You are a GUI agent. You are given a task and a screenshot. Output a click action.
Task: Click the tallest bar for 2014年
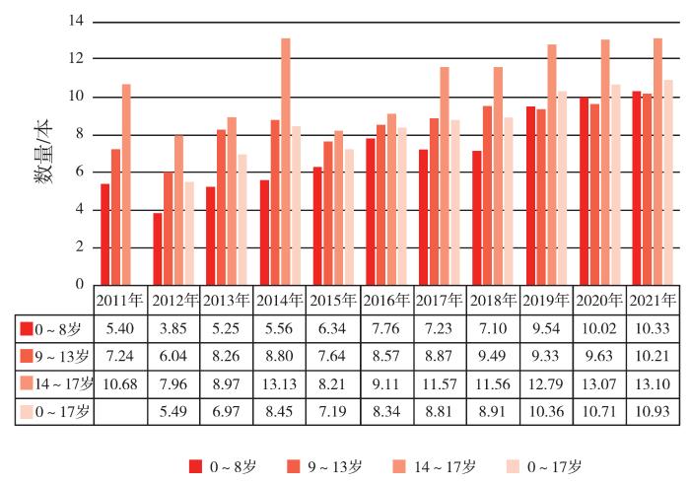286,162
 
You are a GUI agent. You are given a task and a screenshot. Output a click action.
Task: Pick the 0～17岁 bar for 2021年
668,182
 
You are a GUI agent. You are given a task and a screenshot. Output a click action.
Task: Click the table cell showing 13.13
280,382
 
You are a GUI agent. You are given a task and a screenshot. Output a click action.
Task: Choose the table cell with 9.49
493,355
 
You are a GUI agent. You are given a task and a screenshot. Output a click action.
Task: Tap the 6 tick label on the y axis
79,172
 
